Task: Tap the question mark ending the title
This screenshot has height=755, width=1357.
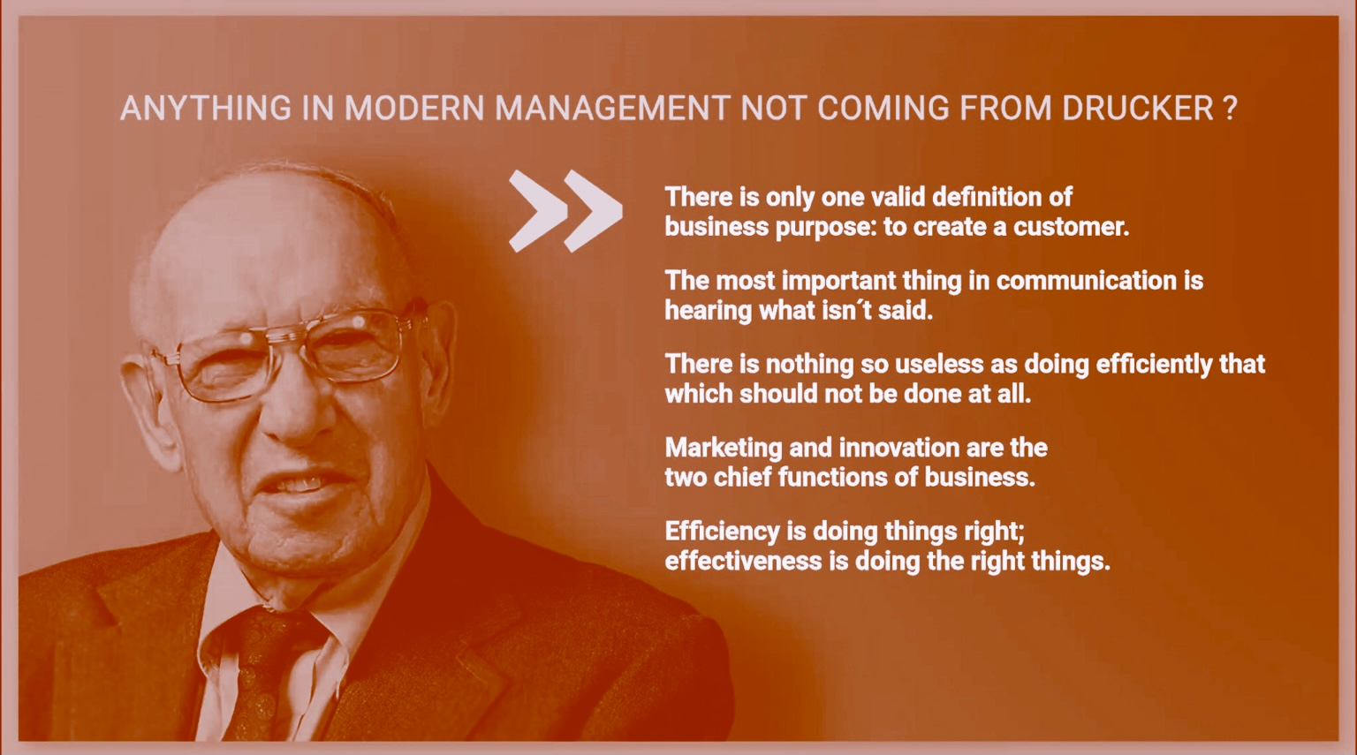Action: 1230,108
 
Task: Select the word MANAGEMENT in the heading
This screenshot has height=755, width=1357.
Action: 611,108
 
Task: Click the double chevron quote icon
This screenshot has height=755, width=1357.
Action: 565,210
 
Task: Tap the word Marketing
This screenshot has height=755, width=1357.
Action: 723,448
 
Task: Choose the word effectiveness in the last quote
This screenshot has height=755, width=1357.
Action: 742,562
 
